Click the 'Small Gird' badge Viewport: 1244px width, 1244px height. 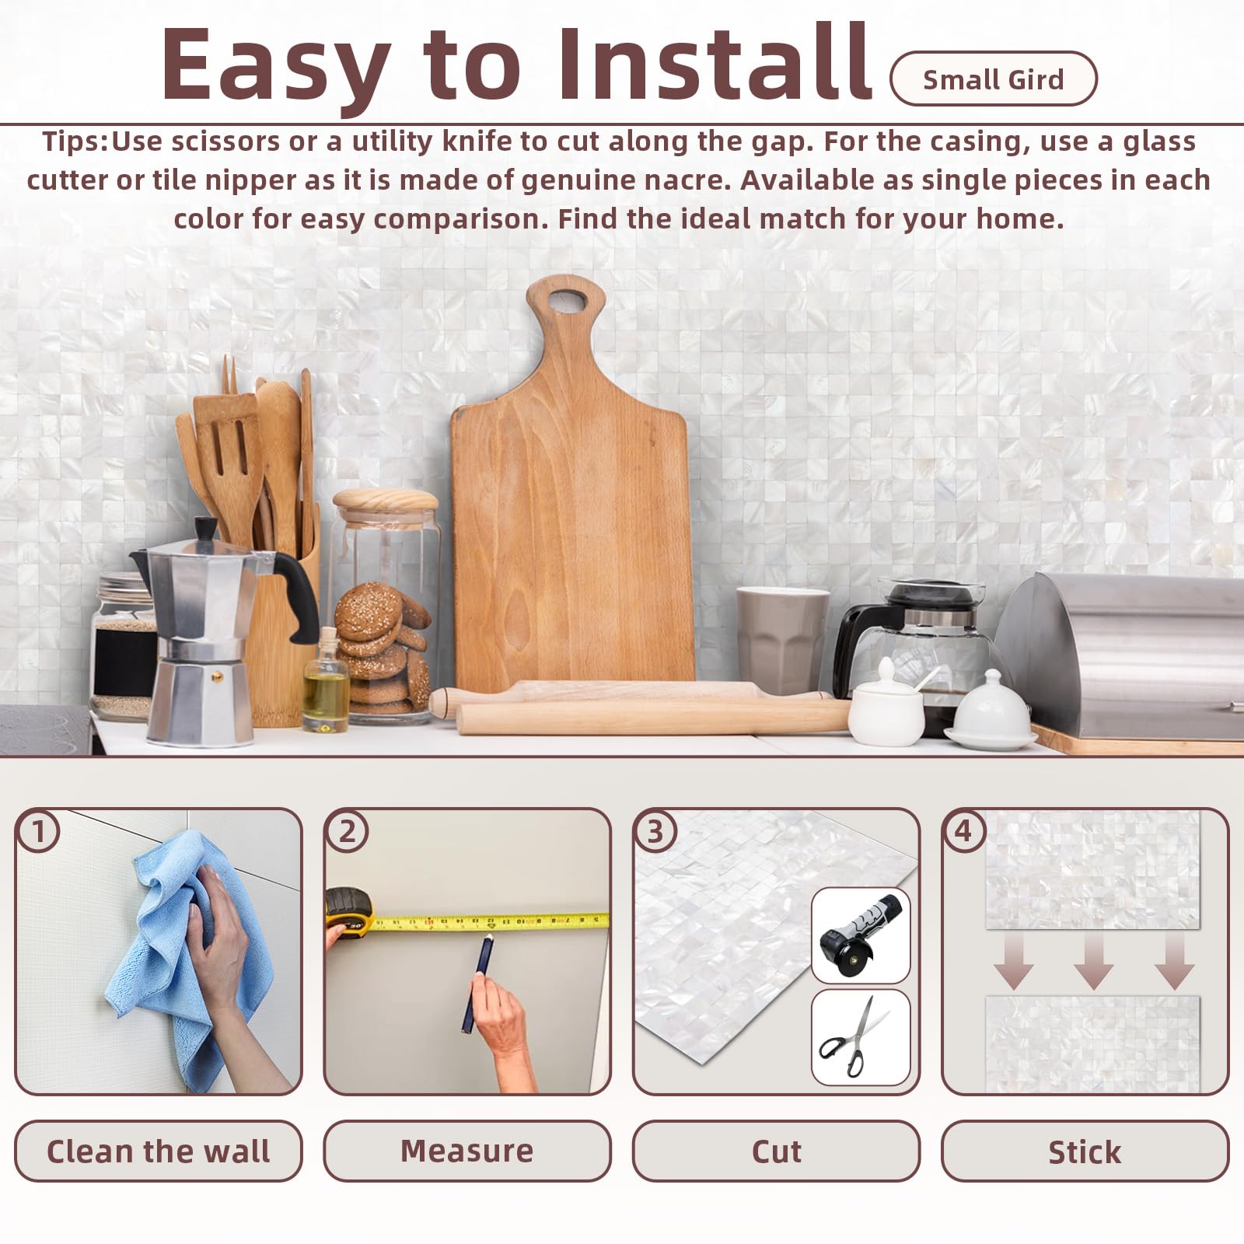[993, 79]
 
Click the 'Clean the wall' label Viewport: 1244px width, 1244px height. [158, 1151]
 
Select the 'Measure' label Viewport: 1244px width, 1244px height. [467, 1151]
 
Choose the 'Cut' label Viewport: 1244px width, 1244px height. [776, 1151]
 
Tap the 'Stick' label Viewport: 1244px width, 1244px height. [1085, 1151]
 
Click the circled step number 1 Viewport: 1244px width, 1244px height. [38, 831]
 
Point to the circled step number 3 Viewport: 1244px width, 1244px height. [655, 831]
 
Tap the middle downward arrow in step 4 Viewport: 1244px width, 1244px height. [1093, 961]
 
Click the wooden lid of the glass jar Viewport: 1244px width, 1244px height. [386, 499]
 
